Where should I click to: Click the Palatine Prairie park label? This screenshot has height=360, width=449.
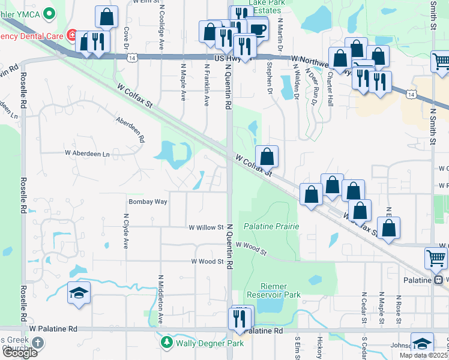tap(271, 226)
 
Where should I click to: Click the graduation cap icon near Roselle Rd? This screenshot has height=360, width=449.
tap(79, 293)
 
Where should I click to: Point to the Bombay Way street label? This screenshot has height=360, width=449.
tap(148, 202)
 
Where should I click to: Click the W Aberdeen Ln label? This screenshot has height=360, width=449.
tap(88, 154)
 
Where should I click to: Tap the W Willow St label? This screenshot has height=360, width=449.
tap(206, 228)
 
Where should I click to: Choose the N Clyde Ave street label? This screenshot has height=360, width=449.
tap(126, 232)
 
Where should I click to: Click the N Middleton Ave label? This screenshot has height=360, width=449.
tap(160, 300)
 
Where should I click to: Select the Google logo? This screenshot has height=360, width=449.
tap(19, 353)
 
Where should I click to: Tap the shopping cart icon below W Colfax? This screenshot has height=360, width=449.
tap(436, 258)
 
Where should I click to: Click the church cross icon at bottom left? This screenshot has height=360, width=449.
tap(38, 343)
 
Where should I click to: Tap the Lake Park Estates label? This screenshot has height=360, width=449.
tap(267, 7)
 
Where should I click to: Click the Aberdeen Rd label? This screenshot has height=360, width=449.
tap(131, 128)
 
